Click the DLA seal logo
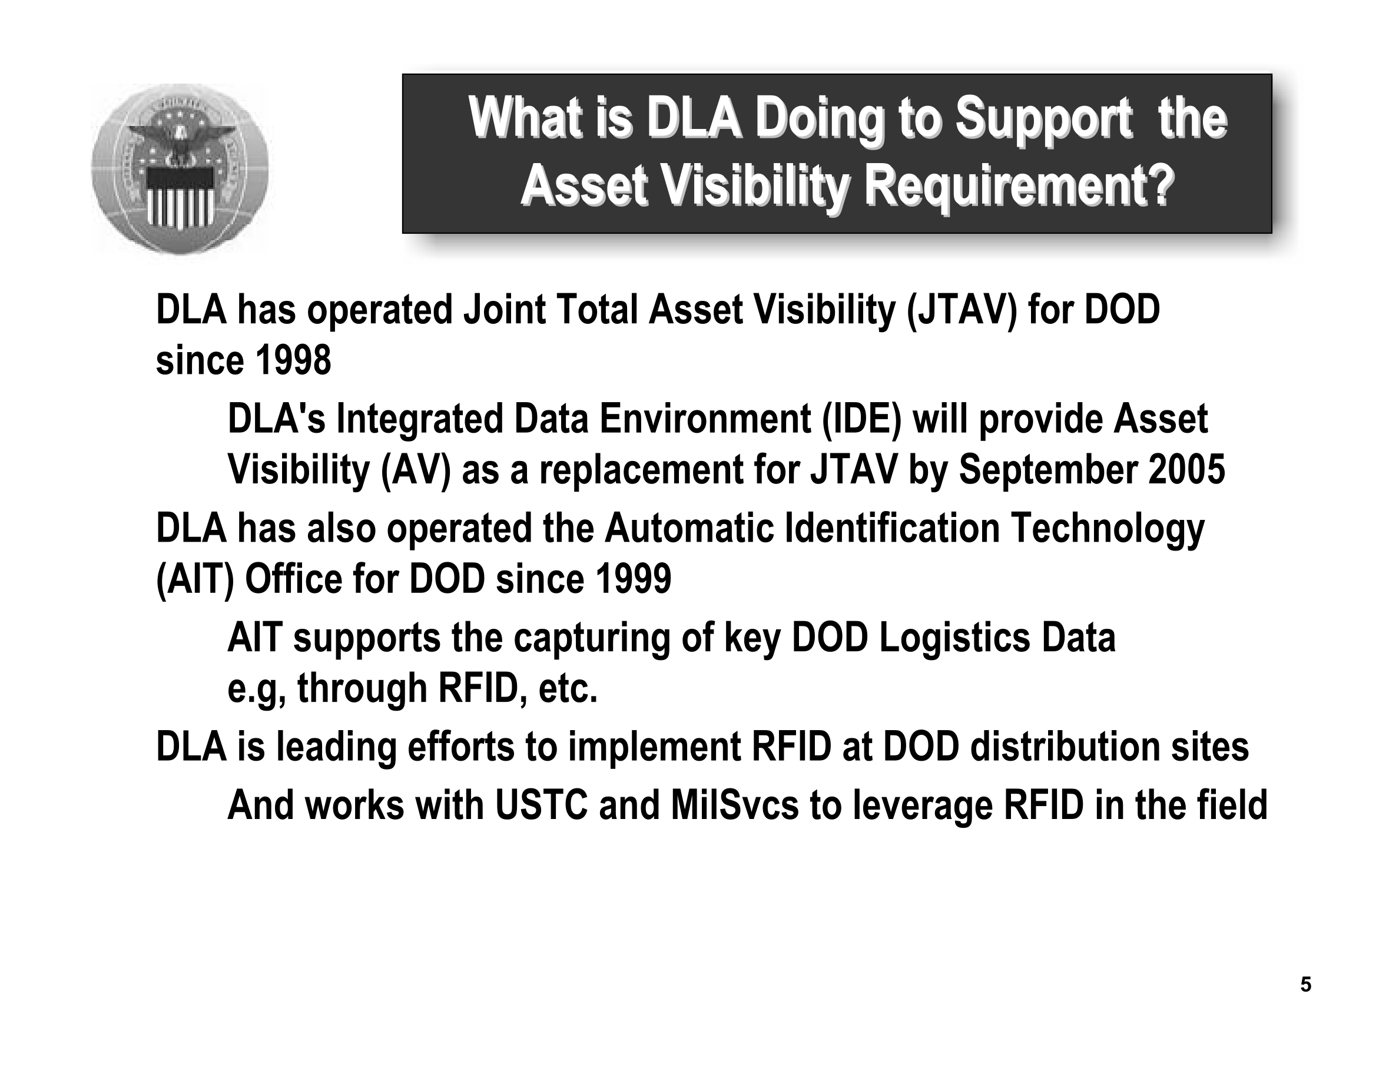(x=180, y=169)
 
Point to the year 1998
(x=293, y=360)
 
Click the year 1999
(x=634, y=579)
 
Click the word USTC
(x=541, y=805)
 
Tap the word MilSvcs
(x=735, y=805)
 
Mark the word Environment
(x=705, y=419)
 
